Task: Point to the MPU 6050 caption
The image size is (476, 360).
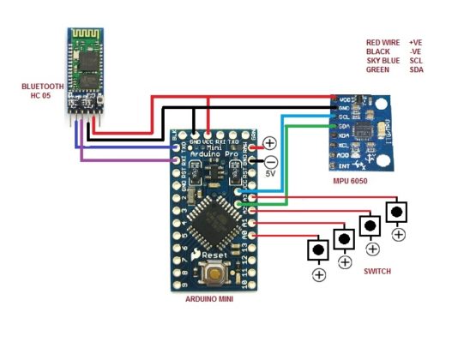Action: (354, 183)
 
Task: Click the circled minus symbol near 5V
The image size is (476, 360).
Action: (270, 160)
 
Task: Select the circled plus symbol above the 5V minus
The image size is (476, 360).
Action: (269, 142)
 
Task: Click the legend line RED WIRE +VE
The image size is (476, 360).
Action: (394, 42)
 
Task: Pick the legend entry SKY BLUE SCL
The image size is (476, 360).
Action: (394, 61)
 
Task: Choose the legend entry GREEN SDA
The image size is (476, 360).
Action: (394, 69)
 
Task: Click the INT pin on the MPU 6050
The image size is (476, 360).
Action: (334, 165)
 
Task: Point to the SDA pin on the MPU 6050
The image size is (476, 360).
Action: (334, 126)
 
